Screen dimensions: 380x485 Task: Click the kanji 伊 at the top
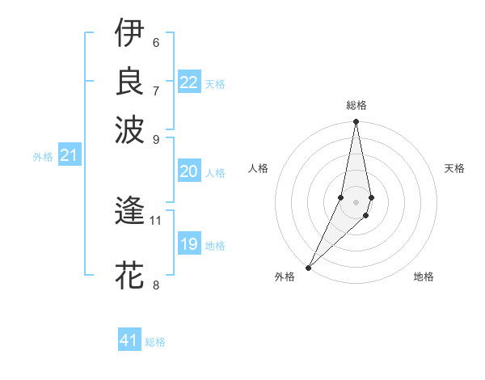click(x=129, y=33)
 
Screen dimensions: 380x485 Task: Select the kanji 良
click(x=129, y=81)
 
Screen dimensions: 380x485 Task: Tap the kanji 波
click(x=129, y=129)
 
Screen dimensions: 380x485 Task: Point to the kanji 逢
click(x=129, y=212)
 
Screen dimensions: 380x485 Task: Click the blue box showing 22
click(x=188, y=82)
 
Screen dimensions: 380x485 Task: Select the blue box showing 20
click(x=188, y=171)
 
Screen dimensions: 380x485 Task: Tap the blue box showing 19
click(x=188, y=243)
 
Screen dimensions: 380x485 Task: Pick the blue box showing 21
click(x=69, y=155)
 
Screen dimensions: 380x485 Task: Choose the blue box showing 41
click(x=129, y=340)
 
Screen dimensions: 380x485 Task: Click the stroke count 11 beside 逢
click(x=156, y=220)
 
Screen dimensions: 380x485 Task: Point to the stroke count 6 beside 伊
click(x=156, y=42)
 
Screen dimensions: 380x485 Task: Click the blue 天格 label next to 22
click(x=215, y=83)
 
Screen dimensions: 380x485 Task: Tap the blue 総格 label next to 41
click(x=155, y=342)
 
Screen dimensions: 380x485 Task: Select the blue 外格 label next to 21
click(x=43, y=157)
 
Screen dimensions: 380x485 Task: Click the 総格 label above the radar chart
click(x=356, y=105)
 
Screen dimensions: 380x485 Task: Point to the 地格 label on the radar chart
click(x=424, y=277)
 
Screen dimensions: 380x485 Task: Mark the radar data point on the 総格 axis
click(x=356, y=122)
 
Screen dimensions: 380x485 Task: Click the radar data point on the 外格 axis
click(x=309, y=267)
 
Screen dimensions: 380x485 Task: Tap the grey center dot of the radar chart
click(x=356, y=201)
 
